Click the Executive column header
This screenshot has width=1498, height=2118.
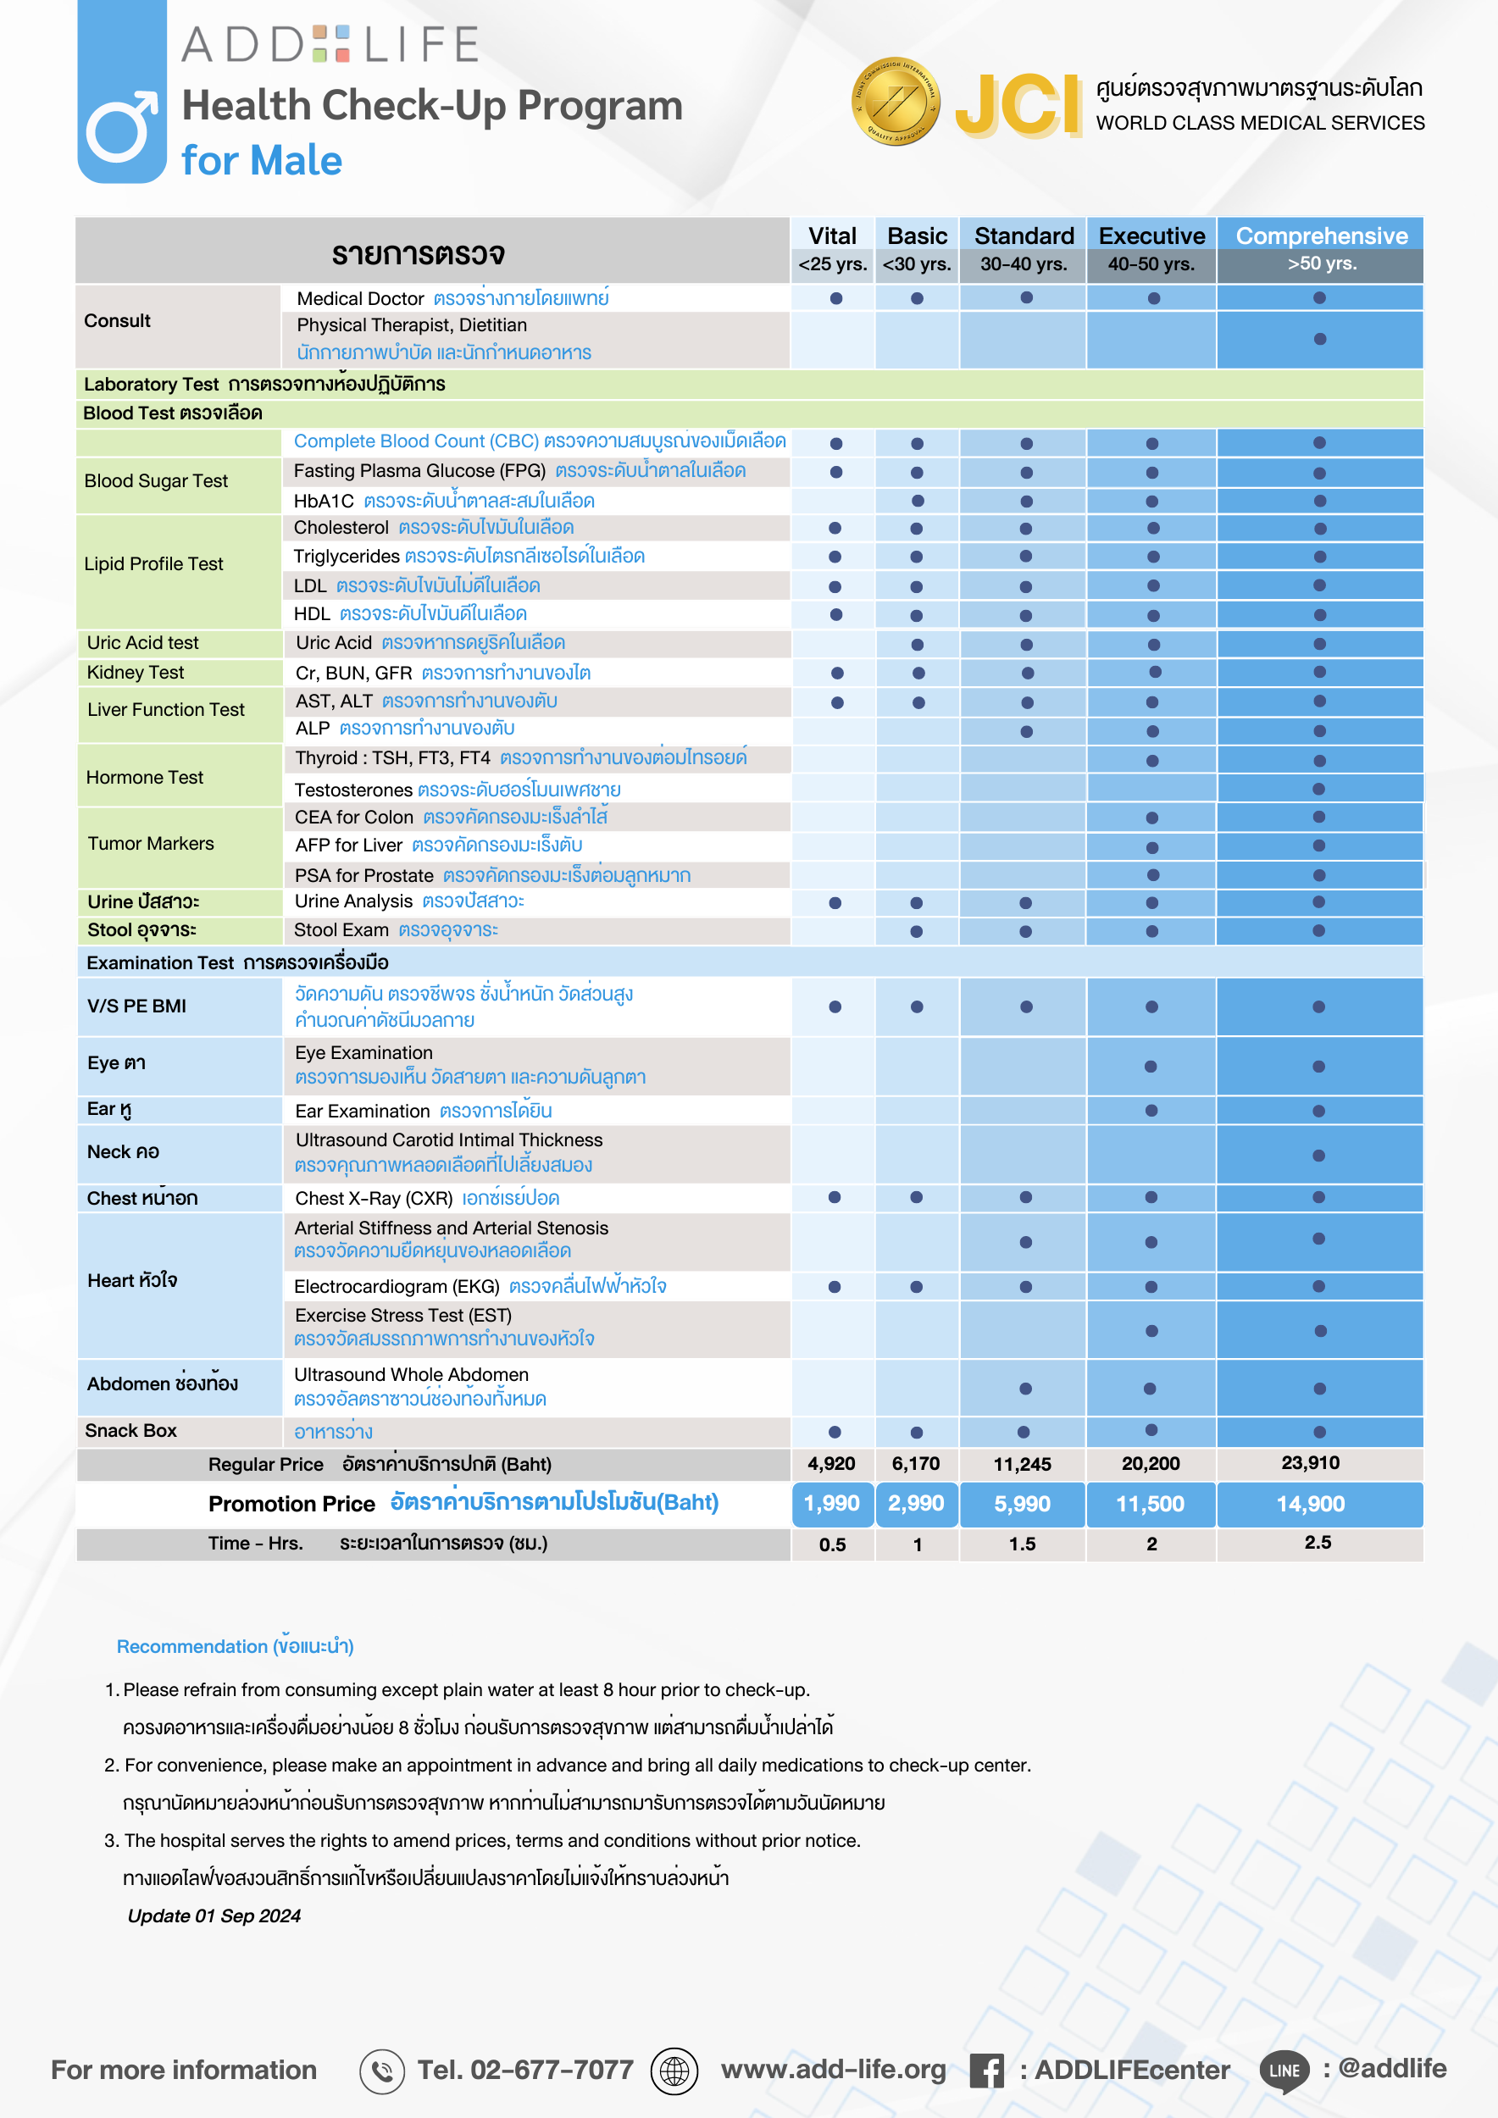1151,236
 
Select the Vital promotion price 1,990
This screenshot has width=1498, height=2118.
831,1504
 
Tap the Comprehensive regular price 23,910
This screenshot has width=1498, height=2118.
1310,1462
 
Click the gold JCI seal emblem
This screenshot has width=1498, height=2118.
895,102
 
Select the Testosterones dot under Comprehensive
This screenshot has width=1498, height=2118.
1318,789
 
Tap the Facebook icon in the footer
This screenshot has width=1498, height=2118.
986,2070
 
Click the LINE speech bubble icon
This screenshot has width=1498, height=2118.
1284,2070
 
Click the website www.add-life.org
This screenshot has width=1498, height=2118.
833,2069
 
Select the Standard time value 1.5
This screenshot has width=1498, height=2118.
1022,1544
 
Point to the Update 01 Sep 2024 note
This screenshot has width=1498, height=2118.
214,1916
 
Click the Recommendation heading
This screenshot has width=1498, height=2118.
235,1646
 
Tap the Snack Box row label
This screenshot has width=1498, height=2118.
131,1430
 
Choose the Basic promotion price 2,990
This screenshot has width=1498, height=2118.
916,1504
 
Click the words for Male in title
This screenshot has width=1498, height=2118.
262,160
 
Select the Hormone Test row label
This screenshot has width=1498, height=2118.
145,777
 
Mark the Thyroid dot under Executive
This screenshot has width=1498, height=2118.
1151,761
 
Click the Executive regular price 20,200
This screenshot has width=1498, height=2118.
1151,1463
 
